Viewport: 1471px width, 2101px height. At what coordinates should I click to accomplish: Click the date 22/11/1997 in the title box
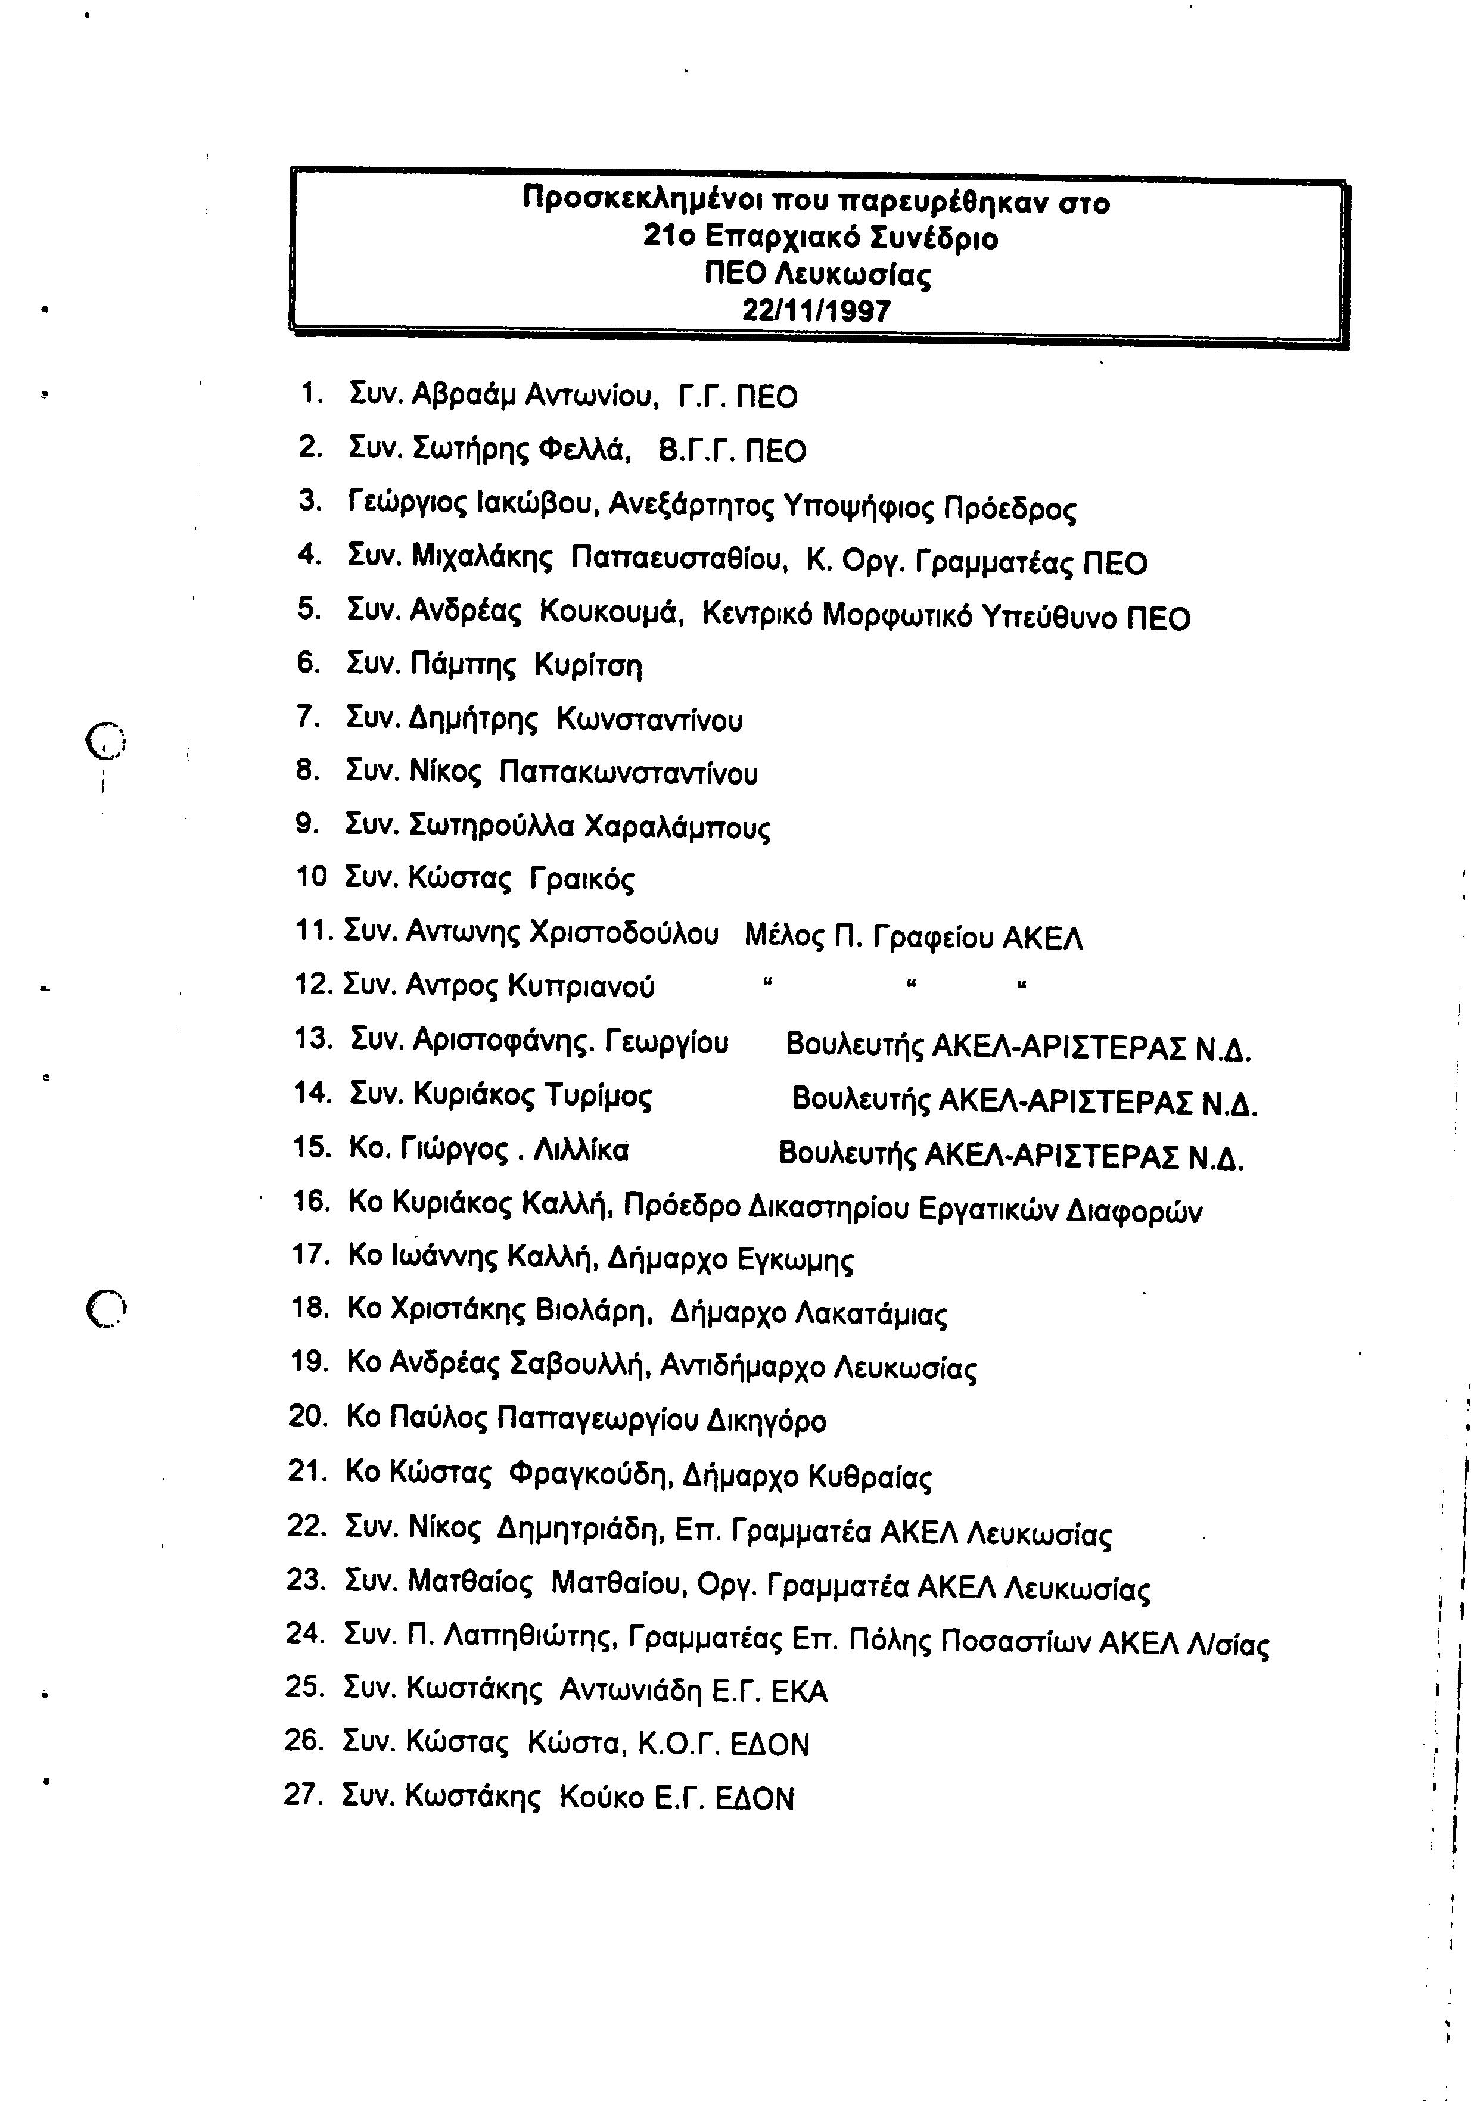816,311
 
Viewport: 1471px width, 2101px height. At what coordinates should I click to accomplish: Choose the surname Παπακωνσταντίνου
629,774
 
